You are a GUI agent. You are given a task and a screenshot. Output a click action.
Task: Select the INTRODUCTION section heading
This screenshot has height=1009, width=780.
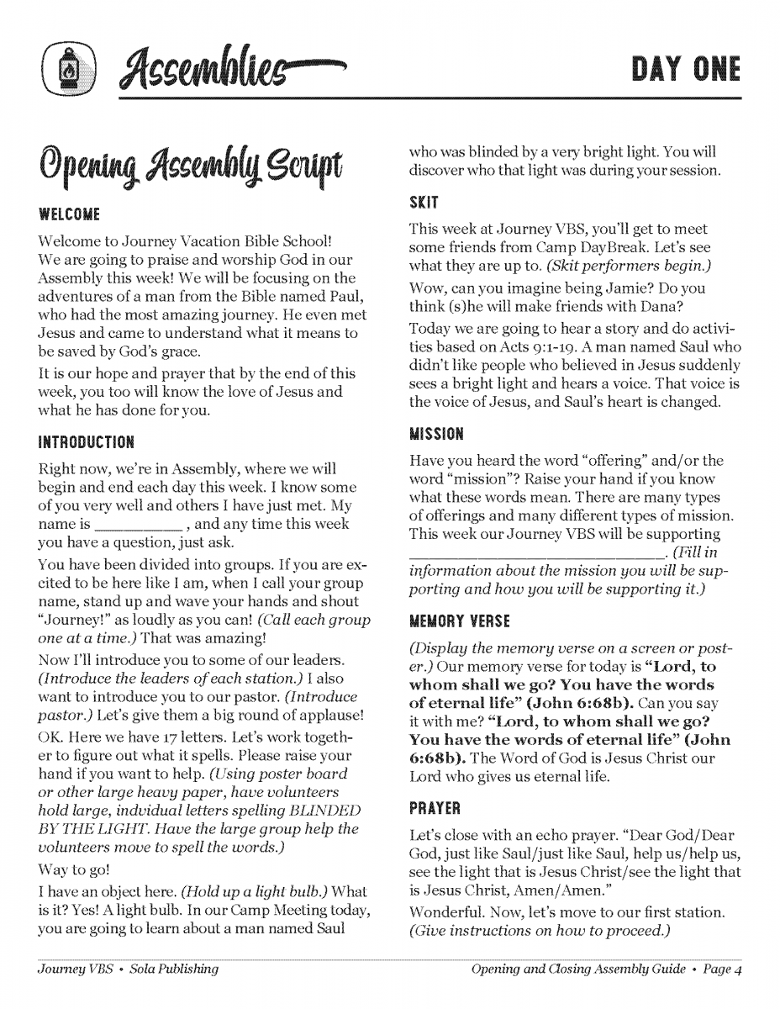pos(87,441)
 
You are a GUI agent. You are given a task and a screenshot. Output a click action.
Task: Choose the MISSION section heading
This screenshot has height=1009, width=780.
pos(436,435)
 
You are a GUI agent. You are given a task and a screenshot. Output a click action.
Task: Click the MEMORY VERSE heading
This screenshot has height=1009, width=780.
pos(461,622)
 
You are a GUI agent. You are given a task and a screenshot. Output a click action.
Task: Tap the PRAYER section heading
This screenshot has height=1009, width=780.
pos(435,811)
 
